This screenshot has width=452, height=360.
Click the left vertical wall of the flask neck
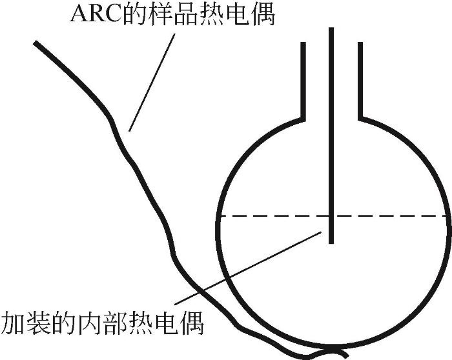click(x=303, y=81)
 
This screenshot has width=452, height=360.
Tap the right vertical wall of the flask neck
click(x=359, y=81)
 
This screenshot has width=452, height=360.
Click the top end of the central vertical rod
click(x=331, y=30)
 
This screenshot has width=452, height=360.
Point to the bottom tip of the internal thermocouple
click(x=331, y=241)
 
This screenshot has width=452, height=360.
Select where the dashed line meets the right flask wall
click(x=446, y=215)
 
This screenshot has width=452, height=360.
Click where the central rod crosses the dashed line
click(x=331, y=215)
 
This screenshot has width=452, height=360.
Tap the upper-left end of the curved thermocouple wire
click(x=36, y=43)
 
